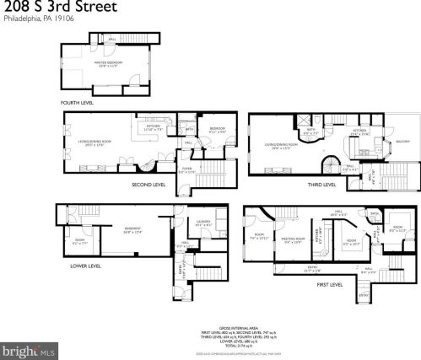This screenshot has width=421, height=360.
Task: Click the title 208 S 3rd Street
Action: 60,8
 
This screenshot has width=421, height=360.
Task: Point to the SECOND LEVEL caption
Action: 148,183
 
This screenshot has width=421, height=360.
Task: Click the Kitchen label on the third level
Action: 360,132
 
